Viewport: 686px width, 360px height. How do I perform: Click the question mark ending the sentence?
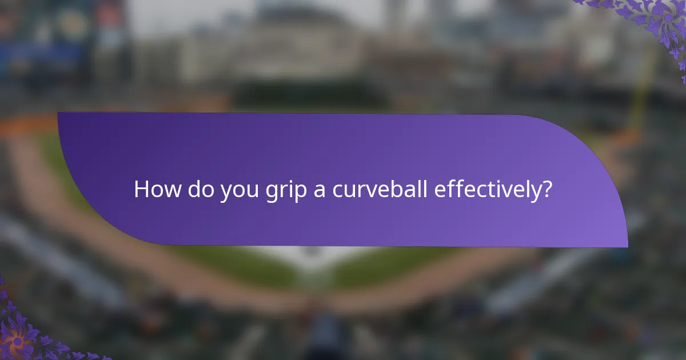pos(547,189)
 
